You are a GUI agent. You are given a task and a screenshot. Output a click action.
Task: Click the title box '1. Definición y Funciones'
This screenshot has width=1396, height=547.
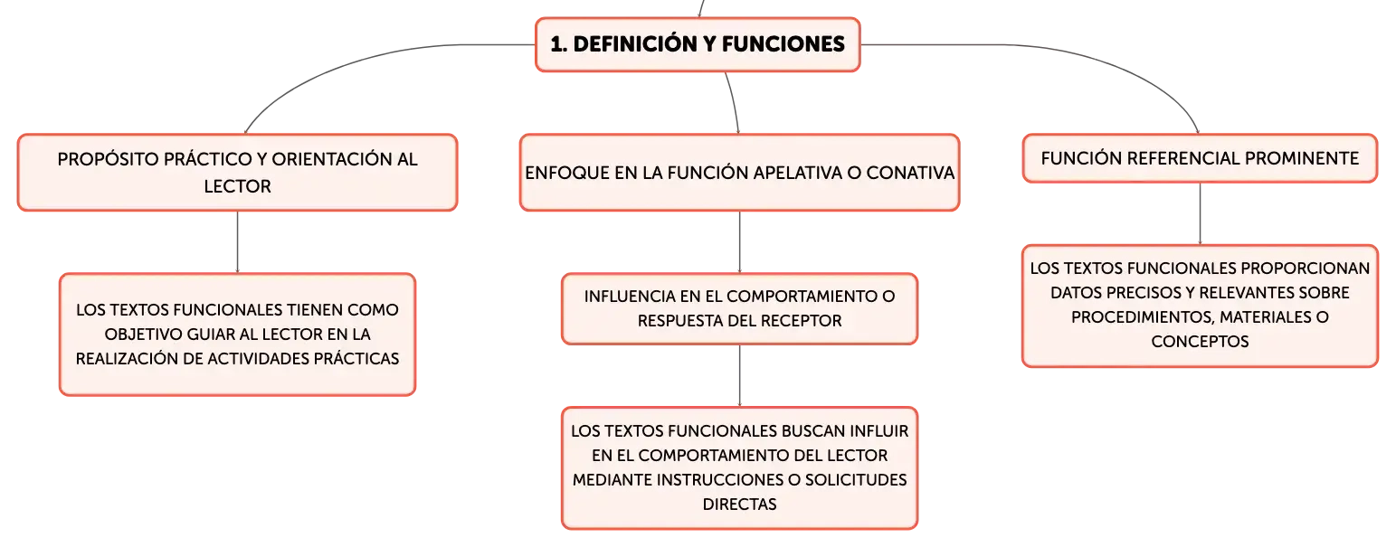tap(698, 44)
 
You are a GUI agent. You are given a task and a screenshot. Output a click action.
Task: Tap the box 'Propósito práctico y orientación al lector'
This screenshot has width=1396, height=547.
tap(237, 173)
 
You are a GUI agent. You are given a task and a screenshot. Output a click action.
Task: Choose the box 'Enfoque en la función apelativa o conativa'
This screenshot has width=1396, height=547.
tap(740, 173)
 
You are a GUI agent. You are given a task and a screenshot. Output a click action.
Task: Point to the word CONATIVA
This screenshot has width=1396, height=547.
tap(910, 174)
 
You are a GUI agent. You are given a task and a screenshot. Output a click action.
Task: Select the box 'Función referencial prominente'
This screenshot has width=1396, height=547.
tap(1200, 158)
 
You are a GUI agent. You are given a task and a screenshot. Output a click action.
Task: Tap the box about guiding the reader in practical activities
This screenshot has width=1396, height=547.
tap(237, 334)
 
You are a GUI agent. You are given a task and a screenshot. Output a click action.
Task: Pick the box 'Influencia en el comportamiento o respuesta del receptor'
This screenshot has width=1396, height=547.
tap(740, 308)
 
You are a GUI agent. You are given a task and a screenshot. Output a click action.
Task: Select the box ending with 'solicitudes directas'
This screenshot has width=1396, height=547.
tap(740, 467)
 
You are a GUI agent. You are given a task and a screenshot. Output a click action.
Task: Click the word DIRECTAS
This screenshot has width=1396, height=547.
tap(740, 505)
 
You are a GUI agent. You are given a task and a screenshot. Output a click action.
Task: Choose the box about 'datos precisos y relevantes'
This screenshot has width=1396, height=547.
tap(1200, 306)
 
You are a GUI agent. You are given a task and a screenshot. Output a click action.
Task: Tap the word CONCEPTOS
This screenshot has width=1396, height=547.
tap(1200, 342)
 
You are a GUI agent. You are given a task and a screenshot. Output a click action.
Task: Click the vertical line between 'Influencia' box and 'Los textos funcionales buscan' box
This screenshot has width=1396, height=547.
tap(740, 376)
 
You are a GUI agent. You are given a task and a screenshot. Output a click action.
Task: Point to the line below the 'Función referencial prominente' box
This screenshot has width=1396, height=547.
tap(1200, 213)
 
